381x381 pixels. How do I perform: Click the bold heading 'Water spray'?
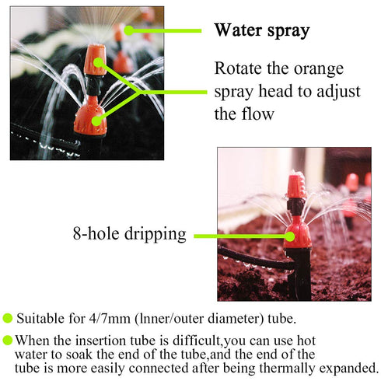(261, 31)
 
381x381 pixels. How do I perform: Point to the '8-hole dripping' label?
(128, 233)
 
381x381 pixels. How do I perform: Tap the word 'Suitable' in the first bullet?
(40, 319)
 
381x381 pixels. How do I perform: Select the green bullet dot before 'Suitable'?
(8, 318)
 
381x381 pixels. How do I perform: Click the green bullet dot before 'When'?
(8, 340)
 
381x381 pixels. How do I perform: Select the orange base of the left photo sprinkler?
(90, 117)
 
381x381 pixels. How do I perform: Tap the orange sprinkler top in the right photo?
(295, 185)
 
